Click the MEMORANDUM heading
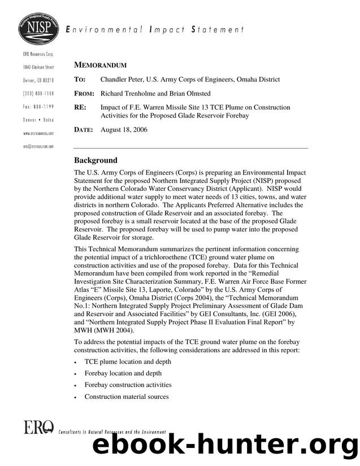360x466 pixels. [100, 66]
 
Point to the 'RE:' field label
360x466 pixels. [80, 107]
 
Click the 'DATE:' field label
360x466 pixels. [84, 130]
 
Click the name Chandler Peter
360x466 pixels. [124, 80]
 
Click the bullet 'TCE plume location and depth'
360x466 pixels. [128, 362]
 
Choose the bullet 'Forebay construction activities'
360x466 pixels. [128, 385]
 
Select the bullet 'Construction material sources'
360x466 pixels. [127, 397]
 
